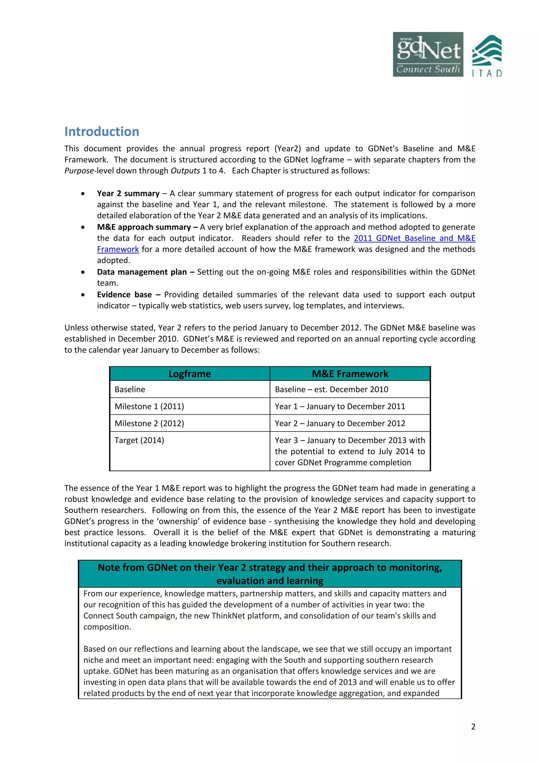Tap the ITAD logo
pos(486,56)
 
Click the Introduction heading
pos(102,132)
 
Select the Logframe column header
pos(189,374)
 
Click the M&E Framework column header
pos(350,374)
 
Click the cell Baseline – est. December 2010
pos(331,389)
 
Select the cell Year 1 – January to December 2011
pos(340,406)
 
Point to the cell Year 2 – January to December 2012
pos(340,423)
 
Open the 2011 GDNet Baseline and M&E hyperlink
pos(414,238)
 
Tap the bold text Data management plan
pos(142,272)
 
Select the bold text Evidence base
pos(124,294)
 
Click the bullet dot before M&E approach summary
pos(83,227)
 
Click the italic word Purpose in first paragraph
pos(79,171)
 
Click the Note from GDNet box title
pos(269,574)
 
